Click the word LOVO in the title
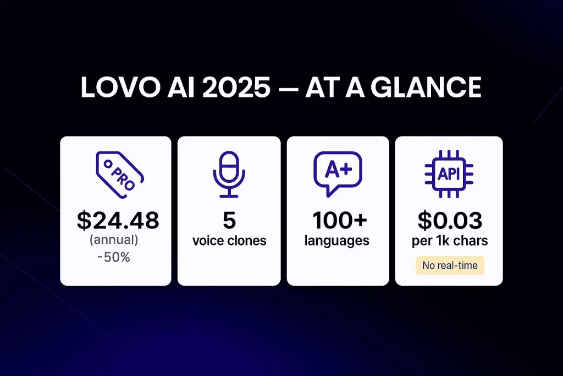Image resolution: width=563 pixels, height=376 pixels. click(x=120, y=87)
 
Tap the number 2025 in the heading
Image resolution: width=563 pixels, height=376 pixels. click(x=236, y=87)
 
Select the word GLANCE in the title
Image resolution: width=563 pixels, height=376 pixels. click(x=426, y=87)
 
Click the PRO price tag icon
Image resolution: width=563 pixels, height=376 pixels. click(x=119, y=175)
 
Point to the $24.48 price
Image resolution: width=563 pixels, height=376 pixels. click(x=118, y=220)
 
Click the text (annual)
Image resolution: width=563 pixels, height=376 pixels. click(x=114, y=240)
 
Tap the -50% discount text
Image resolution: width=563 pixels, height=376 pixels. click(x=114, y=257)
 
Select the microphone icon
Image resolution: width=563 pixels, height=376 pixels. click(x=229, y=175)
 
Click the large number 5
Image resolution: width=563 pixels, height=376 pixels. click(x=229, y=220)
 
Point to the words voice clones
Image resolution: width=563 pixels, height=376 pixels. click(x=229, y=241)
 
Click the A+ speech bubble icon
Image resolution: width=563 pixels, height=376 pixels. click(x=338, y=174)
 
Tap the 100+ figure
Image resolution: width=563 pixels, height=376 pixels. click(x=340, y=220)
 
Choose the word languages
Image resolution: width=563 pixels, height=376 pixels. click(x=337, y=241)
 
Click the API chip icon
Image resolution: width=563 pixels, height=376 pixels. click(x=449, y=175)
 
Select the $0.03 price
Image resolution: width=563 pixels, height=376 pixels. click(x=450, y=220)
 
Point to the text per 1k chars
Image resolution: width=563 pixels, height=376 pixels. click(x=450, y=241)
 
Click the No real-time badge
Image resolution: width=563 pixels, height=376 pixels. click(x=450, y=265)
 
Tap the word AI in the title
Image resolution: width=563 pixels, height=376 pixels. click(x=181, y=87)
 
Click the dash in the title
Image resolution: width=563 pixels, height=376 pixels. click(x=288, y=89)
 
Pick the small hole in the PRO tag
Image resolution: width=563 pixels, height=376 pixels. click(x=107, y=164)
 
